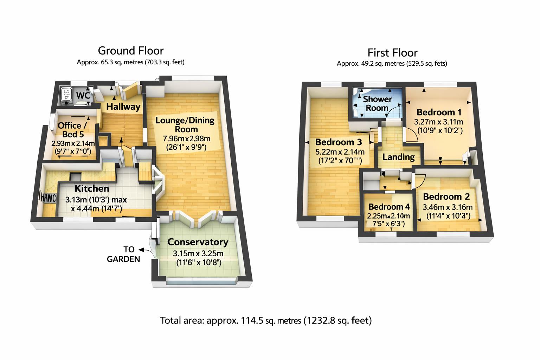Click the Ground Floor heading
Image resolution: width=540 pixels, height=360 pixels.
[130, 51]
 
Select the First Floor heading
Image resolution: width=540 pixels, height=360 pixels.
[392, 53]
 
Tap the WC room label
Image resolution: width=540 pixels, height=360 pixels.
[83, 96]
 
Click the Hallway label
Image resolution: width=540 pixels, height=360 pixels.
[123, 107]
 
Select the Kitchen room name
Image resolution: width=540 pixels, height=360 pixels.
[92, 188]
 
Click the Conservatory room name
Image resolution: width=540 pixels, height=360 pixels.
[198, 242]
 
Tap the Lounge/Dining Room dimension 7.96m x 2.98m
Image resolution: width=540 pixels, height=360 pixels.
[187, 139]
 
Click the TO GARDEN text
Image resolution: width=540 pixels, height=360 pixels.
[123, 254]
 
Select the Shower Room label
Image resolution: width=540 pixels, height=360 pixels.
[377, 104]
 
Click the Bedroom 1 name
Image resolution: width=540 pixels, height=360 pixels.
[439, 112]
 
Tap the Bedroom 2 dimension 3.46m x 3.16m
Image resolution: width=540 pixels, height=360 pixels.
[447, 207]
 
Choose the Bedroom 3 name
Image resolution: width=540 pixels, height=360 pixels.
[338, 142]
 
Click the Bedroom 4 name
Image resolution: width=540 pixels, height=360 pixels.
[389, 207]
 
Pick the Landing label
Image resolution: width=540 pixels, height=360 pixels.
[398, 157]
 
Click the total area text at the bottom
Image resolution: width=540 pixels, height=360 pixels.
[266, 321]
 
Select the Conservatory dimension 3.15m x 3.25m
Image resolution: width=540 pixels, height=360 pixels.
[198, 253]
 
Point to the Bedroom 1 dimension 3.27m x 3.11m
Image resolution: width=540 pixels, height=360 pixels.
[438, 122]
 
